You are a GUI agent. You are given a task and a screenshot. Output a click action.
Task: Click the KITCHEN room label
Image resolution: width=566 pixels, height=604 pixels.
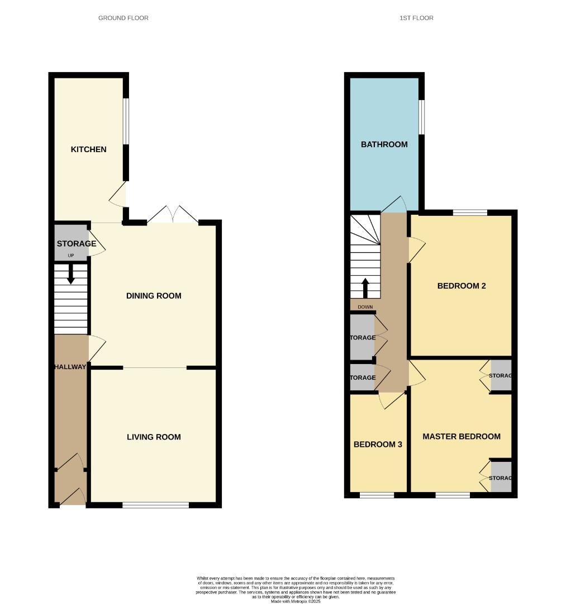click(x=88, y=149)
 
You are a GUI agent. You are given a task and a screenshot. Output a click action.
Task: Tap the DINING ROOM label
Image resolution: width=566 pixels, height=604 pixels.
click(x=154, y=296)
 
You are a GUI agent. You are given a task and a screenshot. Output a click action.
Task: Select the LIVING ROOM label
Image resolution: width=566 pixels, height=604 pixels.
click(x=154, y=437)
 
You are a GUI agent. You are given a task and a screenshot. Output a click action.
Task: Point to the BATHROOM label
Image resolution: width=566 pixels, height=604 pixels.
click(x=384, y=144)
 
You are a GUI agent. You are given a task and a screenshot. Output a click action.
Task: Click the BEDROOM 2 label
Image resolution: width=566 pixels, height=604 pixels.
click(x=462, y=286)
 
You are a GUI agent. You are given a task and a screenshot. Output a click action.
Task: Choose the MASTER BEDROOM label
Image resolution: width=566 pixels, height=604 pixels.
click(x=462, y=436)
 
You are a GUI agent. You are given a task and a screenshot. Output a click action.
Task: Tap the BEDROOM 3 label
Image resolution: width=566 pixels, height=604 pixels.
click(x=378, y=445)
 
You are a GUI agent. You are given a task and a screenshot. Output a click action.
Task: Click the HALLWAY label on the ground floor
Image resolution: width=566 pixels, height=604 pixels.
click(x=70, y=367)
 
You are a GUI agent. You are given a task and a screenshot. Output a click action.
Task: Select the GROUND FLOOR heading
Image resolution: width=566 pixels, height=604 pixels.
click(x=123, y=18)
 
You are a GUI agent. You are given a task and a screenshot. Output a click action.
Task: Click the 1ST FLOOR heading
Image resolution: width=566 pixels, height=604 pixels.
click(x=416, y=18)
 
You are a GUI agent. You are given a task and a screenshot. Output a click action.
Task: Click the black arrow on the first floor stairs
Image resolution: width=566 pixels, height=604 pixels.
click(x=365, y=287)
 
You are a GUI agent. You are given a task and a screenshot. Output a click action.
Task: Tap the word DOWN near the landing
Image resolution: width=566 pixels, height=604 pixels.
click(x=365, y=307)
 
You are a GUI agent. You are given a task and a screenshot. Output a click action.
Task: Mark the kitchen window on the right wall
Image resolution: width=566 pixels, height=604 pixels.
click(x=126, y=121)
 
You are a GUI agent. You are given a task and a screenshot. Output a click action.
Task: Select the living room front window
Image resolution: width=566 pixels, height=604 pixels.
click(x=155, y=505)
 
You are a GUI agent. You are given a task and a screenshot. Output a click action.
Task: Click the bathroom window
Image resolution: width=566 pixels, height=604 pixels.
click(x=421, y=117)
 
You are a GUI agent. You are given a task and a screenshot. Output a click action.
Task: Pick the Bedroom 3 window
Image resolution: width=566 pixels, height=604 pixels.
click(x=376, y=495)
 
